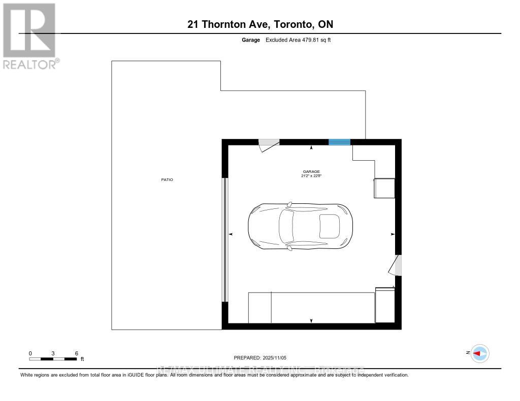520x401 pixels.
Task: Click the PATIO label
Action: click(167, 180)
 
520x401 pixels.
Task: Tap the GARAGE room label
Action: click(312, 171)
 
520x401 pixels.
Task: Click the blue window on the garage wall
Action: click(339, 142)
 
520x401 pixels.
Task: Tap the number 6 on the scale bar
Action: click(76, 353)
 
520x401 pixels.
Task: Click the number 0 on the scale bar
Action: click(30, 353)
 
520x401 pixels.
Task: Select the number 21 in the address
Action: click(192, 24)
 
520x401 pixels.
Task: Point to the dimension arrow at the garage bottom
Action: click(311, 320)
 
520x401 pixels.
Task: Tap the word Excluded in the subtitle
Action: click(276, 40)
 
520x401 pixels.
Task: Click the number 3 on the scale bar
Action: click(53, 353)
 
